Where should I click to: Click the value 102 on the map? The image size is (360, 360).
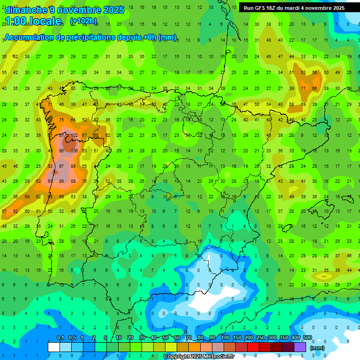75,135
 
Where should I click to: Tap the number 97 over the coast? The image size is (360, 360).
61,166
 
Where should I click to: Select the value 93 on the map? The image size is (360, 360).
50,181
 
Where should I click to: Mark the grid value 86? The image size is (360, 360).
61,151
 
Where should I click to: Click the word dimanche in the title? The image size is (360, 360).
26,10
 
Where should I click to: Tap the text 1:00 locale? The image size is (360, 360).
33,21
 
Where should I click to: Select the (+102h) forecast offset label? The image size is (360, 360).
83,21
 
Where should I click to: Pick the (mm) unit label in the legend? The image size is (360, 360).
317,348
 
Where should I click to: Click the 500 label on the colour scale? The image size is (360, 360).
307,338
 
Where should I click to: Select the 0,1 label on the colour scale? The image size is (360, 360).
60,338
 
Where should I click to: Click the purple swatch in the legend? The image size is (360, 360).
300,347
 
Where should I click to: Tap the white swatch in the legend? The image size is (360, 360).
54,347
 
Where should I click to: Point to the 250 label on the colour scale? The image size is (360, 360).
260,338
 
